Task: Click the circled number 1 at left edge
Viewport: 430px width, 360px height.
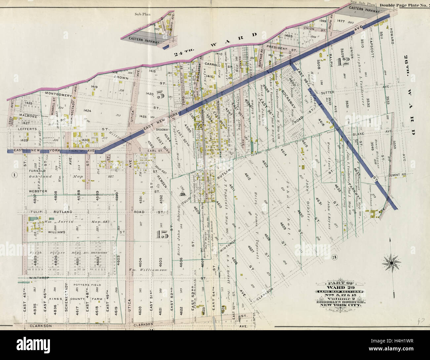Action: pyautogui.click(x=14, y=175)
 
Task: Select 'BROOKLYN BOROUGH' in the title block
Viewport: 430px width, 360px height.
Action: pyautogui.click(x=340, y=302)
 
